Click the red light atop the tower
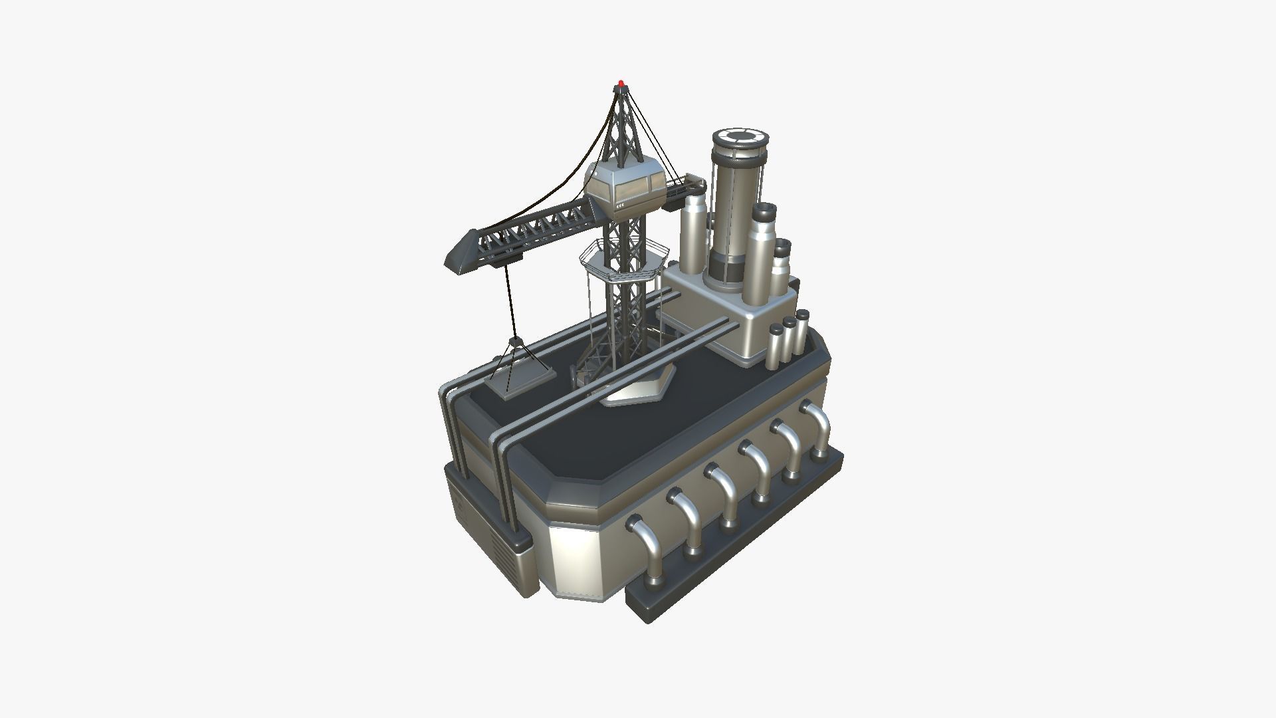coord(621,84)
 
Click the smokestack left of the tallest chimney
coord(693,233)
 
